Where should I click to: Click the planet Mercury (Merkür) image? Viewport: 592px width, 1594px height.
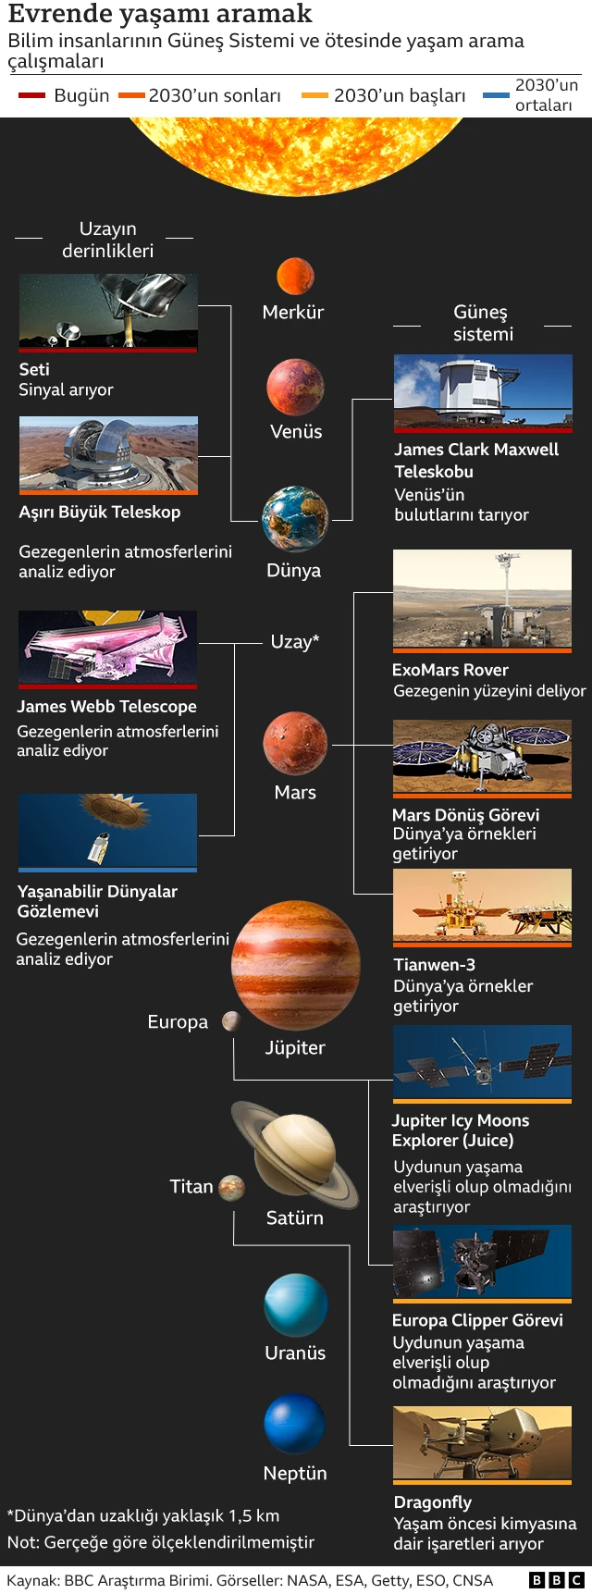tap(295, 276)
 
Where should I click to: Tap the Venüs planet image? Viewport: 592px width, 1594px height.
tap(296, 388)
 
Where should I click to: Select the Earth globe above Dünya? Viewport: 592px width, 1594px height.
tap(295, 519)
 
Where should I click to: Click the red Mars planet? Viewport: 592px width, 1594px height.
tap(295, 744)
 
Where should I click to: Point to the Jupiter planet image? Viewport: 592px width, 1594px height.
tap(296, 965)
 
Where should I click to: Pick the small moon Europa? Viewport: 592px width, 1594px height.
tap(231, 1020)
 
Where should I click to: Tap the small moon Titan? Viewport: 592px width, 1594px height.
tap(231, 1187)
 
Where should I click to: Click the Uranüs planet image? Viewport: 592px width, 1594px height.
tap(296, 1304)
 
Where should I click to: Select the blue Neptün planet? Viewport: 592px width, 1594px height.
tap(295, 1425)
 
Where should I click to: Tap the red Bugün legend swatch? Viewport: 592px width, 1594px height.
tap(32, 95)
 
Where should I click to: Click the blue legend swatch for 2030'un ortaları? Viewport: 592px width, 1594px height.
tap(497, 95)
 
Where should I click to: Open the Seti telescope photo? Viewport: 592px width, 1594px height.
tap(108, 311)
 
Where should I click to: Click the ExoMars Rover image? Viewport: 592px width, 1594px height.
tap(482, 599)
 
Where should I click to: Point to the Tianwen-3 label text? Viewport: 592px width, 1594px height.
tap(434, 965)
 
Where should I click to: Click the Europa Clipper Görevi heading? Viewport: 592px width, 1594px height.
tap(477, 1320)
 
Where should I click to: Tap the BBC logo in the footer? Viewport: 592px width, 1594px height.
tap(556, 1580)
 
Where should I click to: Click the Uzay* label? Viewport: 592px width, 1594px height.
tap(295, 642)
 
